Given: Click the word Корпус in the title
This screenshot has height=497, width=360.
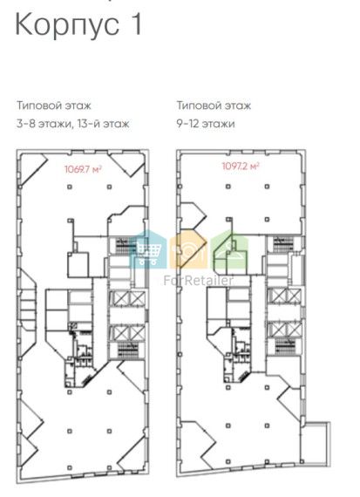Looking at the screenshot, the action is pos(67,25).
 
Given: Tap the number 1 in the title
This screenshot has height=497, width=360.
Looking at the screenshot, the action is pos(136,24).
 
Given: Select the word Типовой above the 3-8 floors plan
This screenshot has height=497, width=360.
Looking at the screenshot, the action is pos(39,106).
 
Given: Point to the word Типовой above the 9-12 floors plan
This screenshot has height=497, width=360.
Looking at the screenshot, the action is pos(199,106).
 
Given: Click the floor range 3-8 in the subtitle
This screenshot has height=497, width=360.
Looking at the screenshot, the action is pos(25,123).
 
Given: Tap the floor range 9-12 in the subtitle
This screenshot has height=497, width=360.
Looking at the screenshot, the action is pos(188,123).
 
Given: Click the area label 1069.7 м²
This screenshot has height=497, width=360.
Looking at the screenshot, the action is pos(83,169).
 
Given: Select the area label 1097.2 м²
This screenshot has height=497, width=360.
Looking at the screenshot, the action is pos(241,166).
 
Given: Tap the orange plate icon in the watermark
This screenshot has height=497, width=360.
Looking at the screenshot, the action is pos(188,251).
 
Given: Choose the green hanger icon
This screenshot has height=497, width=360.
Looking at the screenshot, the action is pos(229,251).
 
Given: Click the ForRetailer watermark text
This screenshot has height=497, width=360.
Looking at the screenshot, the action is pos(199,281).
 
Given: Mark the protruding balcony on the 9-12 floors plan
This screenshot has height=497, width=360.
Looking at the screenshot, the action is pos(316,440).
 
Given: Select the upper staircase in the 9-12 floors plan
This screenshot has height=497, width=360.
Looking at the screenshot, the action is pos(283,244).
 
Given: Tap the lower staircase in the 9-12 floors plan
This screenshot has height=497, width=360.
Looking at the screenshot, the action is pos(285,346).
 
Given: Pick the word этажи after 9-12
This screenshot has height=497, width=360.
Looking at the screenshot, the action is pos(219,124).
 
